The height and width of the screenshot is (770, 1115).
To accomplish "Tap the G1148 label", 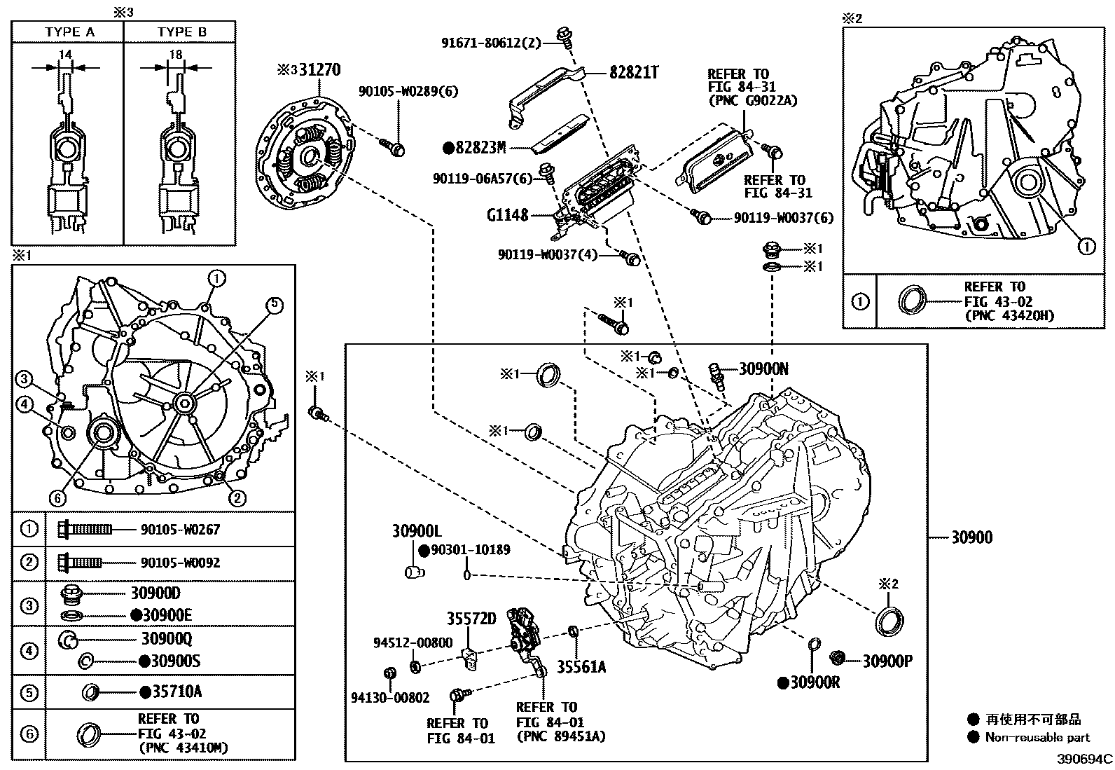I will point(508,215).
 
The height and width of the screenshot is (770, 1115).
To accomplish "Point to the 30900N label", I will point(763,369).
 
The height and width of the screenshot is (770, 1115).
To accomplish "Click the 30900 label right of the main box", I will point(971,538).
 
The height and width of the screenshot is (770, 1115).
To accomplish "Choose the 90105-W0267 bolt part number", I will point(180,530).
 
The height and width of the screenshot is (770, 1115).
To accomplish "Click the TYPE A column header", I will point(69,32).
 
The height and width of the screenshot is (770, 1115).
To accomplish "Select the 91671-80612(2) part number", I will point(492,43).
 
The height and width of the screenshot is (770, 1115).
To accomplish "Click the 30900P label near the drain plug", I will point(887,661).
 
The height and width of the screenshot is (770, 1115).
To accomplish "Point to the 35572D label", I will point(471,619).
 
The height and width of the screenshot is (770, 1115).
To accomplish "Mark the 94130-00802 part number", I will point(390,698).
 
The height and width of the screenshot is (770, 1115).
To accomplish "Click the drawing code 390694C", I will point(1084,759).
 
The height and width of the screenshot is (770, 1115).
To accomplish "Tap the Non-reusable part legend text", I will point(1037,737).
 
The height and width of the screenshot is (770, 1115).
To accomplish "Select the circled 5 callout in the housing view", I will point(274,304).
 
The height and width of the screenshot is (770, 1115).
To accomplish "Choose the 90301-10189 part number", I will point(470,550).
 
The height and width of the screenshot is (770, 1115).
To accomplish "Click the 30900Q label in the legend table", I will point(167,639).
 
